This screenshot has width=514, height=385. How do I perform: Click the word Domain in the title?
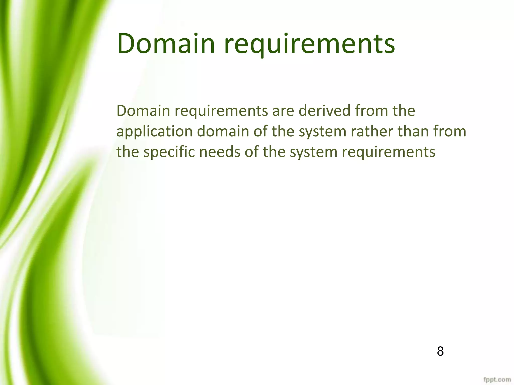click(166, 44)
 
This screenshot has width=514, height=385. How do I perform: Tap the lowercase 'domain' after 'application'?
click(223, 131)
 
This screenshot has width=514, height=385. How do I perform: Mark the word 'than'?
click(414, 131)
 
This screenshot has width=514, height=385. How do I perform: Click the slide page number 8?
click(440, 351)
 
